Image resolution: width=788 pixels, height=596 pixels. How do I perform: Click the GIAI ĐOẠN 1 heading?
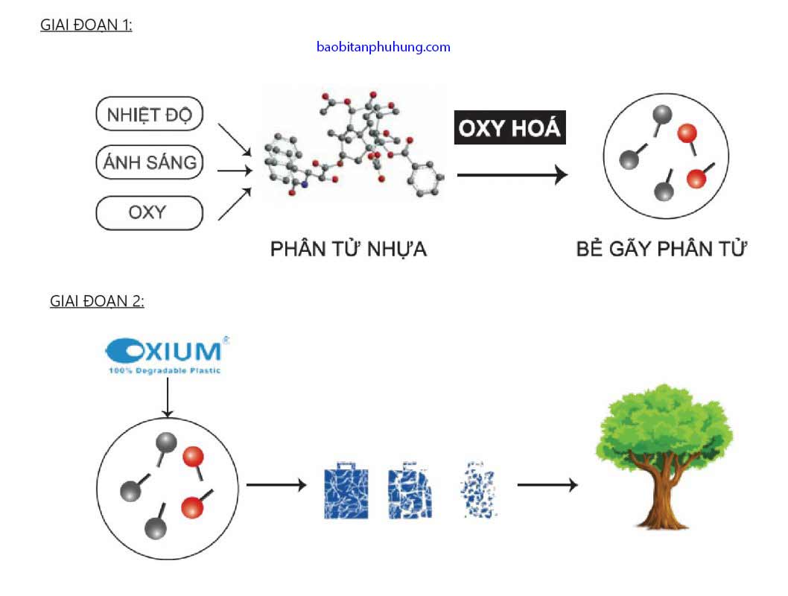[86, 24]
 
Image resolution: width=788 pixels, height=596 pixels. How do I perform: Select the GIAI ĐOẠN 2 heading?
[97, 301]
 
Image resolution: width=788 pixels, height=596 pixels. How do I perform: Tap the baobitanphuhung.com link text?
[383, 47]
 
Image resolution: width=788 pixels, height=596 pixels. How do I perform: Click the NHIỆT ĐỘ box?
[150, 115]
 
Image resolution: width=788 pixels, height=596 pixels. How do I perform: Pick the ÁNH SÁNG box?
[150, 162]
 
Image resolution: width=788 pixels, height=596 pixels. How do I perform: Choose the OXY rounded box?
[150, 212]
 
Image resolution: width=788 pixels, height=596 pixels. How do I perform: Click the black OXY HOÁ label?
[509, 128]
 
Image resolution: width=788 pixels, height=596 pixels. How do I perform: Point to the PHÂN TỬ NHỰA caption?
[349, 249]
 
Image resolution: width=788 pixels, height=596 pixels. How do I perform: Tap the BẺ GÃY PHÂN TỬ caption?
[661, 249]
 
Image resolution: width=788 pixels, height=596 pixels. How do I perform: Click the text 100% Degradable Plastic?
[165, 370]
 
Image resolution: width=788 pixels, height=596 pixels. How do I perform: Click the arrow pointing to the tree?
[547, 485]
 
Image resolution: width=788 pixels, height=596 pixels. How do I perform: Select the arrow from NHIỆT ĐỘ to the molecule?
[234, 139]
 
